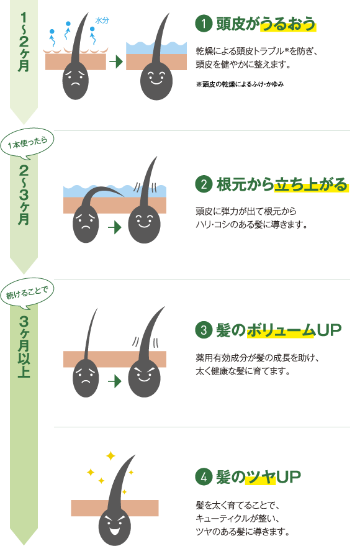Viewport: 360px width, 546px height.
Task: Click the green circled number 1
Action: point(203,24)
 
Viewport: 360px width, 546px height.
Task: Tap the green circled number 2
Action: point(203,184)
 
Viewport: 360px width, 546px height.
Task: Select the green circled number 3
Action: point(203,330)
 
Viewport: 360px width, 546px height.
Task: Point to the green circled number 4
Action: point(203,477)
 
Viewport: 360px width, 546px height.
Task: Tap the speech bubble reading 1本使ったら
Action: point(29,143)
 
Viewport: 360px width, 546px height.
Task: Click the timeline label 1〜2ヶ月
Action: point(24,43)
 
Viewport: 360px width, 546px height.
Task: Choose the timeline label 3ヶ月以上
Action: point(24,348)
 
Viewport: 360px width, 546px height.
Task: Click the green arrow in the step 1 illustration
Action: point(115,61)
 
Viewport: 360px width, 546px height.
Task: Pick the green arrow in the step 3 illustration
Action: point(114,380)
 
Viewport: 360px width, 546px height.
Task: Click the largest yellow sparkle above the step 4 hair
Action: point(110,456)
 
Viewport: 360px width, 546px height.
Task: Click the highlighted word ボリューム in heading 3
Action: point(281,330)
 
